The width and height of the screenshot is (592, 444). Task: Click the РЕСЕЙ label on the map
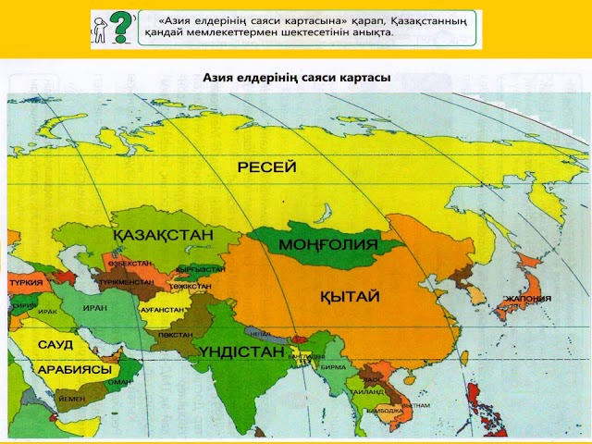[266, 167]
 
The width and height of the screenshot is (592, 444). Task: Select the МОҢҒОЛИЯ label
[328, 244]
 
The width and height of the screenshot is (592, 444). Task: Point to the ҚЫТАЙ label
[345, 296]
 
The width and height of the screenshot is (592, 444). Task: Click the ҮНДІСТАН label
[240, 352]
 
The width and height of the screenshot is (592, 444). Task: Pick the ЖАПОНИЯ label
[527, 299]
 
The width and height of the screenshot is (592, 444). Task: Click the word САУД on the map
[55, 344]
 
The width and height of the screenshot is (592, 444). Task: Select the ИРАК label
[48, 312]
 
